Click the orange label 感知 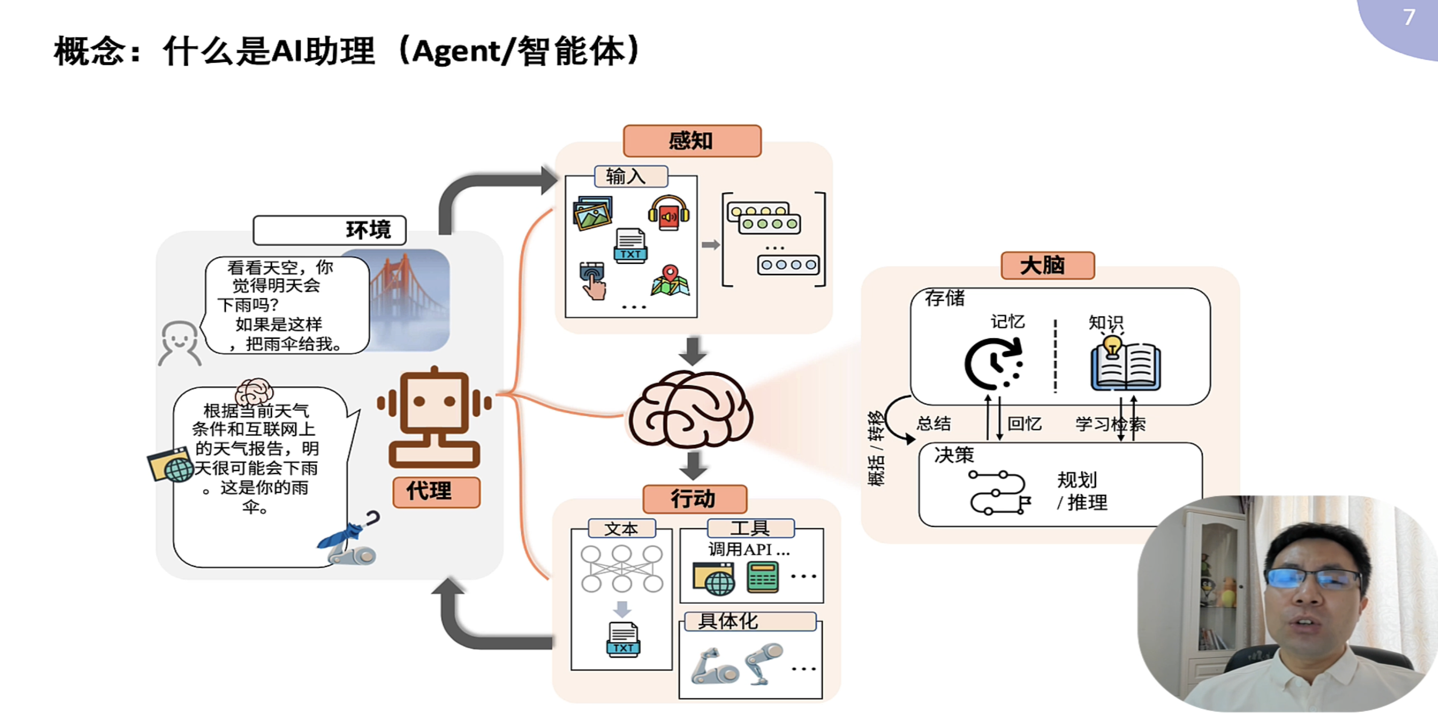pyautogui.click(x=692, y=141)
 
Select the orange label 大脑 pyautogui.click(x=1047, y=266)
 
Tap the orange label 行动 pyautogui.click(x=694, y=498)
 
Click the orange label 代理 pyautogui.click(x=436, y=491)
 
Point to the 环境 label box pyautogui.click(x=329, y=230)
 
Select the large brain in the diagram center pyautogui.click(x=691, y=410)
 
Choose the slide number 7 pyautogui.click(x=1409, y=18)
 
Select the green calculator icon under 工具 pyautogui.click(x=762, y=577)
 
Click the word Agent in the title pyautogui.click(x=456, y=52)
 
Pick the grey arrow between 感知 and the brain pyautogui.click(x=693, y=350)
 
